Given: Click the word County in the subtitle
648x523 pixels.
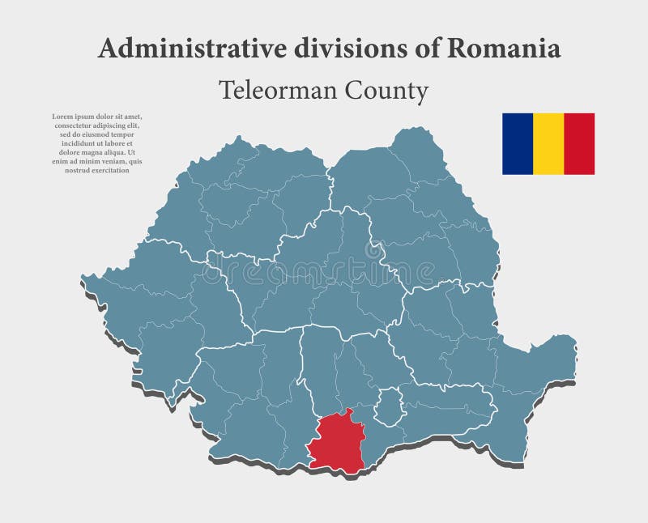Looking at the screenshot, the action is (x=388, y=91).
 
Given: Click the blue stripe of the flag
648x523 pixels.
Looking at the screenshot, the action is (x=518, y=143).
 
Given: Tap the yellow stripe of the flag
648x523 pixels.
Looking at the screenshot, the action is (x=548, y=143).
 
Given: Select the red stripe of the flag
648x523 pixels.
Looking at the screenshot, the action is (x=579, y=143).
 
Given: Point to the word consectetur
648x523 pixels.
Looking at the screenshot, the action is (x=75, y=125).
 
